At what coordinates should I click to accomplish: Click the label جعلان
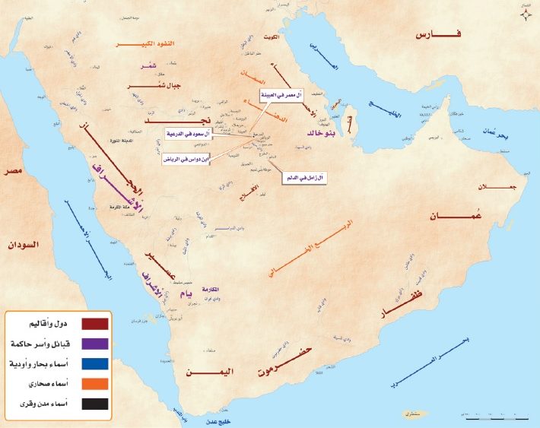(x=487, y=187)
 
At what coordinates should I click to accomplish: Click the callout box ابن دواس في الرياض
(x=183, y=160)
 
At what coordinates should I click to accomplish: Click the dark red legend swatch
(x=94, y=323)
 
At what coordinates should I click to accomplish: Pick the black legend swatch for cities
(x=94, y=403)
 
